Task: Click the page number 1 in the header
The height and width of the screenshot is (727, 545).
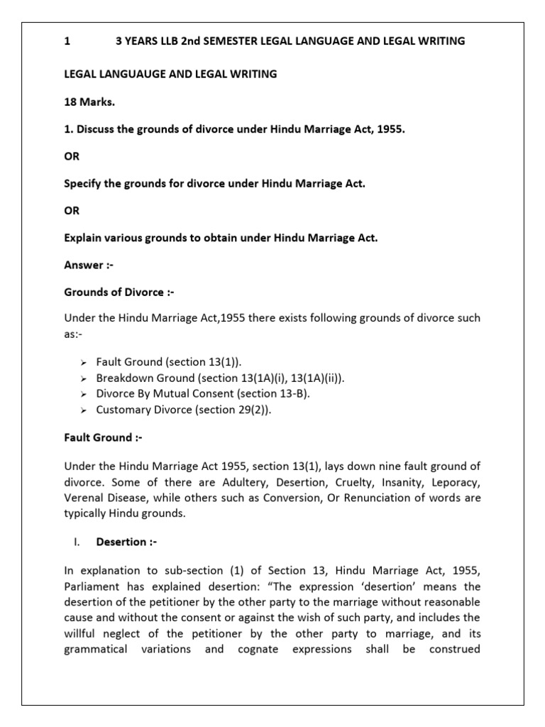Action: click(x=67, y=41)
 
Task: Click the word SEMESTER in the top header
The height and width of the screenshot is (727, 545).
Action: click(x=228, y=41)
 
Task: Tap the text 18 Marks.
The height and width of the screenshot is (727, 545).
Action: click(x=89, y=102)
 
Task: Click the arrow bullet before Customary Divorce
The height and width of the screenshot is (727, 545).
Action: click(x=83, y=410)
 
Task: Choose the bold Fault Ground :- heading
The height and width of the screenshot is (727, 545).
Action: click(x=103, y=437)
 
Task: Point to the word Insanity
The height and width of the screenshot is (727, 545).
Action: click(x=375, y=482)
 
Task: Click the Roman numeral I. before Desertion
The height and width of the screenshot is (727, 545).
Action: click(x=77, y=542)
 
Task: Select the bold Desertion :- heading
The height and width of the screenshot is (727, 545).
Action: click(x=126, y=542)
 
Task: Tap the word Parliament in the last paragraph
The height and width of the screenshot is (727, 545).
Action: click(x=93, y=587)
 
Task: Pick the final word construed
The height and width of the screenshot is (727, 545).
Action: click(x=455, y=649)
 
